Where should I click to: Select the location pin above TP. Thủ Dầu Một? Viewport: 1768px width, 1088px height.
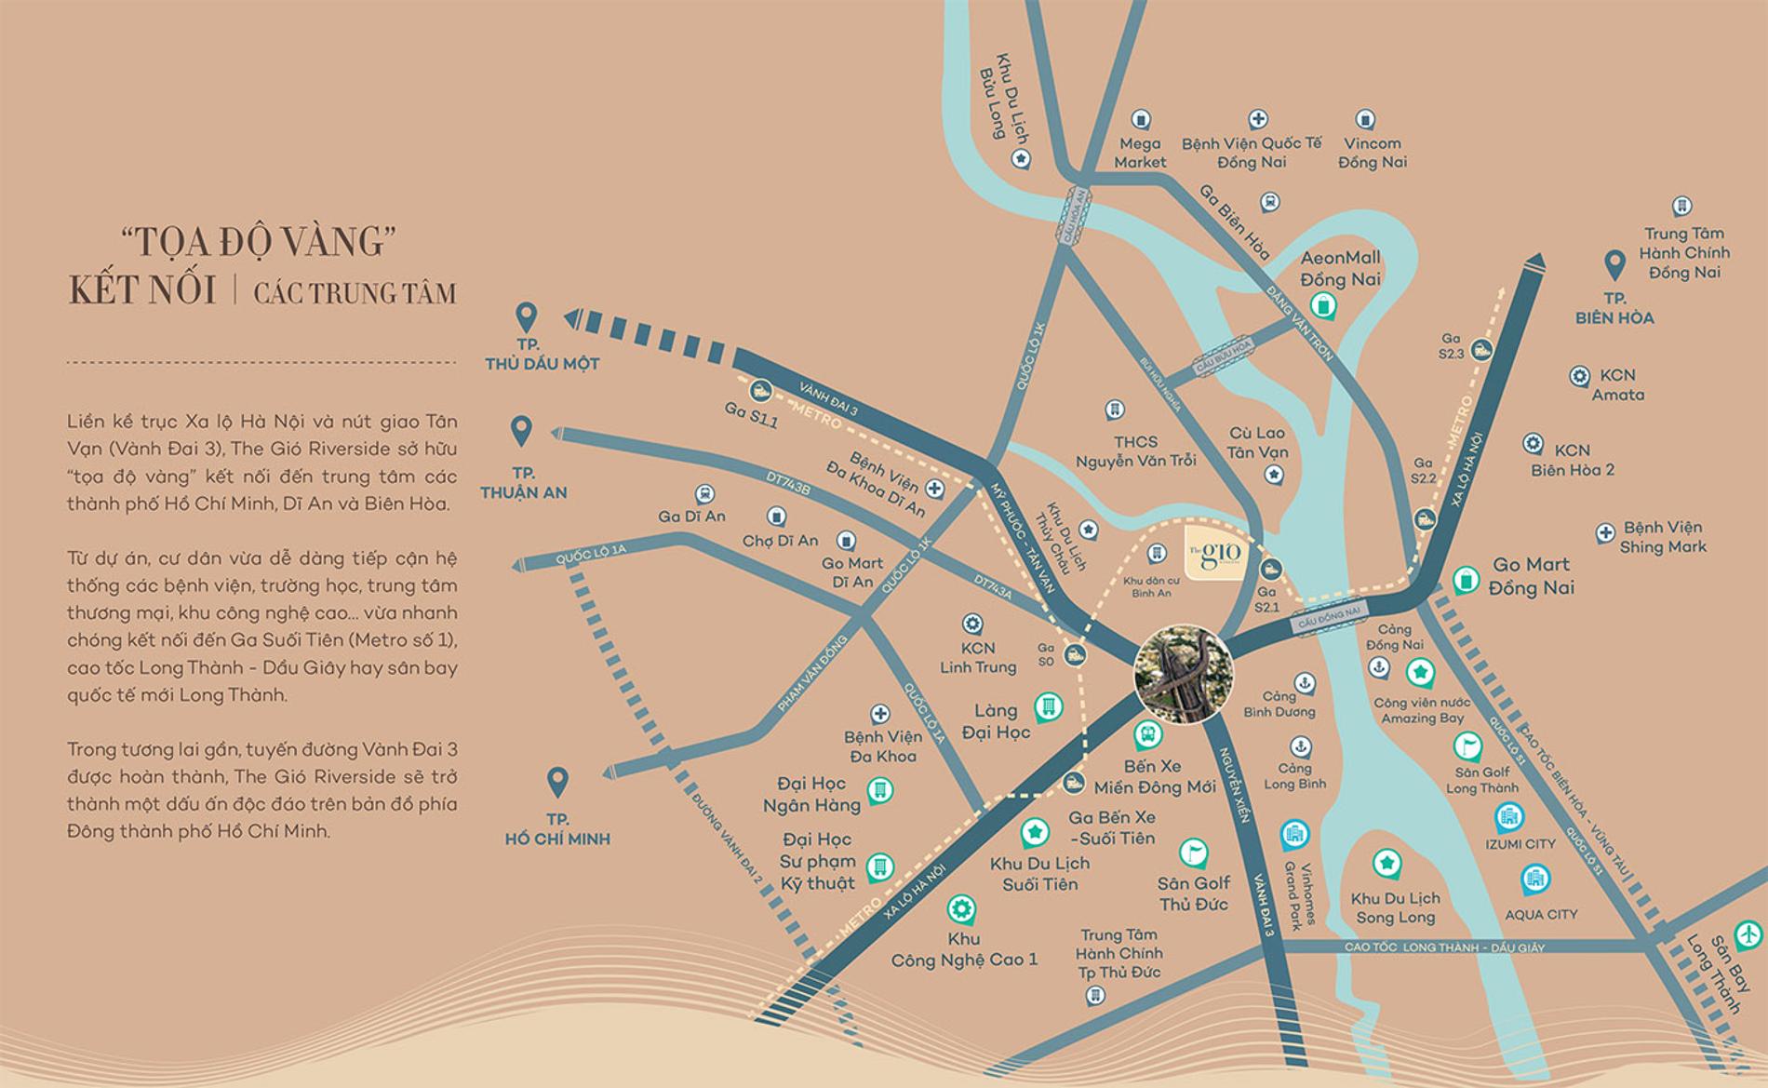(527, 318)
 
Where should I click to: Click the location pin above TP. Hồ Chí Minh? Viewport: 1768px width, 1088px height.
(557, 782)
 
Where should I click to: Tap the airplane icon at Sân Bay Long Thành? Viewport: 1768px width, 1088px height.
(1749, 931)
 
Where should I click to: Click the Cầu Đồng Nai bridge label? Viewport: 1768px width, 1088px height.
(1331, 616)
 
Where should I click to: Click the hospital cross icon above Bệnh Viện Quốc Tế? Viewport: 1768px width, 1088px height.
(1257, 119)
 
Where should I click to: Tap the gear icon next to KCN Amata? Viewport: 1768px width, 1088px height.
(1578, 376)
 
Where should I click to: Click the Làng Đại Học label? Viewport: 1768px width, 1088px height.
(996, 721)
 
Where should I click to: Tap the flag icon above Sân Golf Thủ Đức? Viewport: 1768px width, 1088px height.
(1192, 851)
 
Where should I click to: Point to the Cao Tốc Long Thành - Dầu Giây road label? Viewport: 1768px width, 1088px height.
(1444, 947)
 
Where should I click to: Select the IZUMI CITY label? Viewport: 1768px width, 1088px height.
(1520, 844)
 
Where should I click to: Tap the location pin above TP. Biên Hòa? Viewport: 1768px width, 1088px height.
(1614, 265)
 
